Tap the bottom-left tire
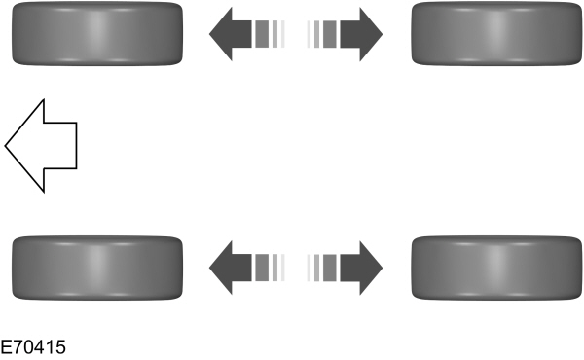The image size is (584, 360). (x=95, y=265)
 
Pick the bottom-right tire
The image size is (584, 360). (x=497, y=265)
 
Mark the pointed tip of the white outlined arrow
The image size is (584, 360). (x=7, y=145)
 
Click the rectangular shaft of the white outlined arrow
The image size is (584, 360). (x=60, y=145)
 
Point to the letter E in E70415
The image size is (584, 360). (x=7, y=346)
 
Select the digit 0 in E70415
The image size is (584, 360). (x=29, y=346)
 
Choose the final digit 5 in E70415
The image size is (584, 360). (x=61, y=346)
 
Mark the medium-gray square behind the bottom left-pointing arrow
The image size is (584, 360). (x=261, y=265)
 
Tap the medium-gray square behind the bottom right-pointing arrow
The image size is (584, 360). (x=329, y=265)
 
